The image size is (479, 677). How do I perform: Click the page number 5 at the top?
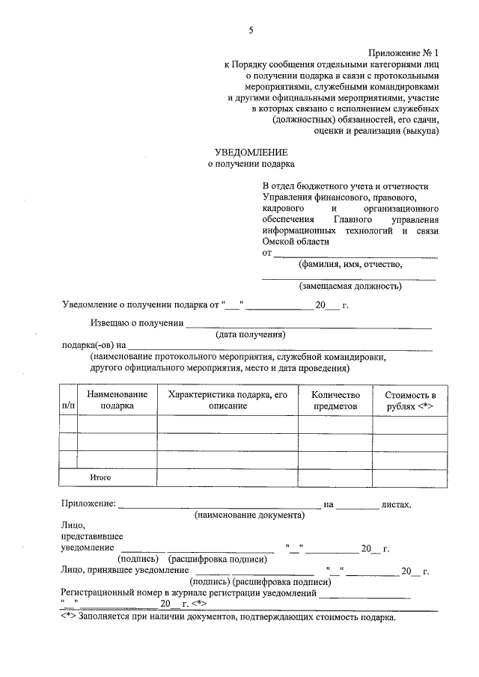coord(251,30)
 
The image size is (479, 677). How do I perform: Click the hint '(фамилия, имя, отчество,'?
coord(350,263)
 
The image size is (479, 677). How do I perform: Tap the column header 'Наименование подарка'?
coord(117,399)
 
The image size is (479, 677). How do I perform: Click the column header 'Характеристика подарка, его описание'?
coord(228,399)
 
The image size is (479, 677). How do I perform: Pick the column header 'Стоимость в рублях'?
coord(410,399)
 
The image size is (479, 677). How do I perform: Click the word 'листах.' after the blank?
coord(396,505)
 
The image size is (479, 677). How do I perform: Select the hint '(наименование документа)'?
coord(249,515)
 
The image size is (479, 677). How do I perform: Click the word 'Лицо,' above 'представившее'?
coord(74,526)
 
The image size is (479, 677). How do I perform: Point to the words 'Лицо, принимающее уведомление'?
coord(124,571)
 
